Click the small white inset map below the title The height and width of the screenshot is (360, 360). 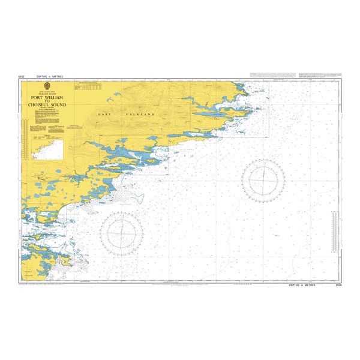click(49, 148)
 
